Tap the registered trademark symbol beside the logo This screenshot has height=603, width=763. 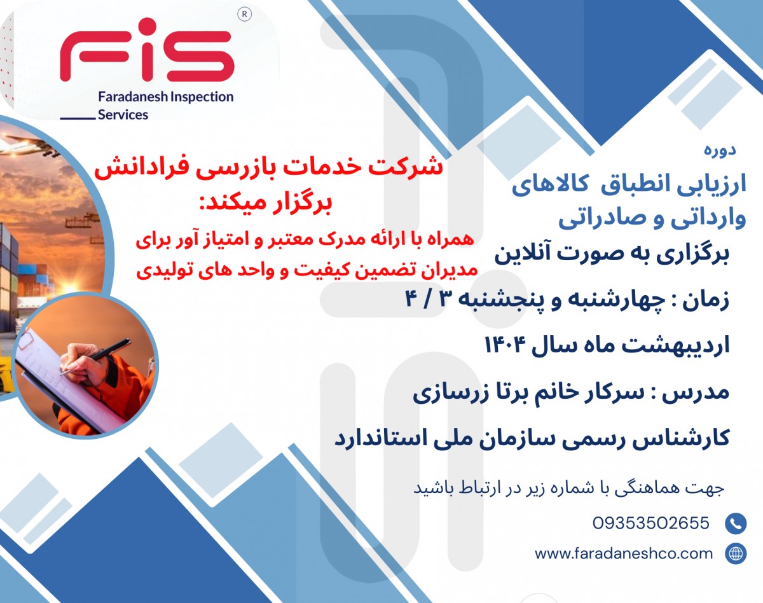[x=243, y=14]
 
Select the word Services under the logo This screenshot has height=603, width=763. [x=123, y=115]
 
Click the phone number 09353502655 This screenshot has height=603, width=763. [x=650, y=523]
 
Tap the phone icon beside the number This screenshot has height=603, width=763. [x=736, y=523]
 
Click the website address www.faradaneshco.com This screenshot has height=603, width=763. [x=624, y=553]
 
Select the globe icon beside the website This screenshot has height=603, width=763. [x=736, y=553]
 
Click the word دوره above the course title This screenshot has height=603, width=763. [x=720, y=151]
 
